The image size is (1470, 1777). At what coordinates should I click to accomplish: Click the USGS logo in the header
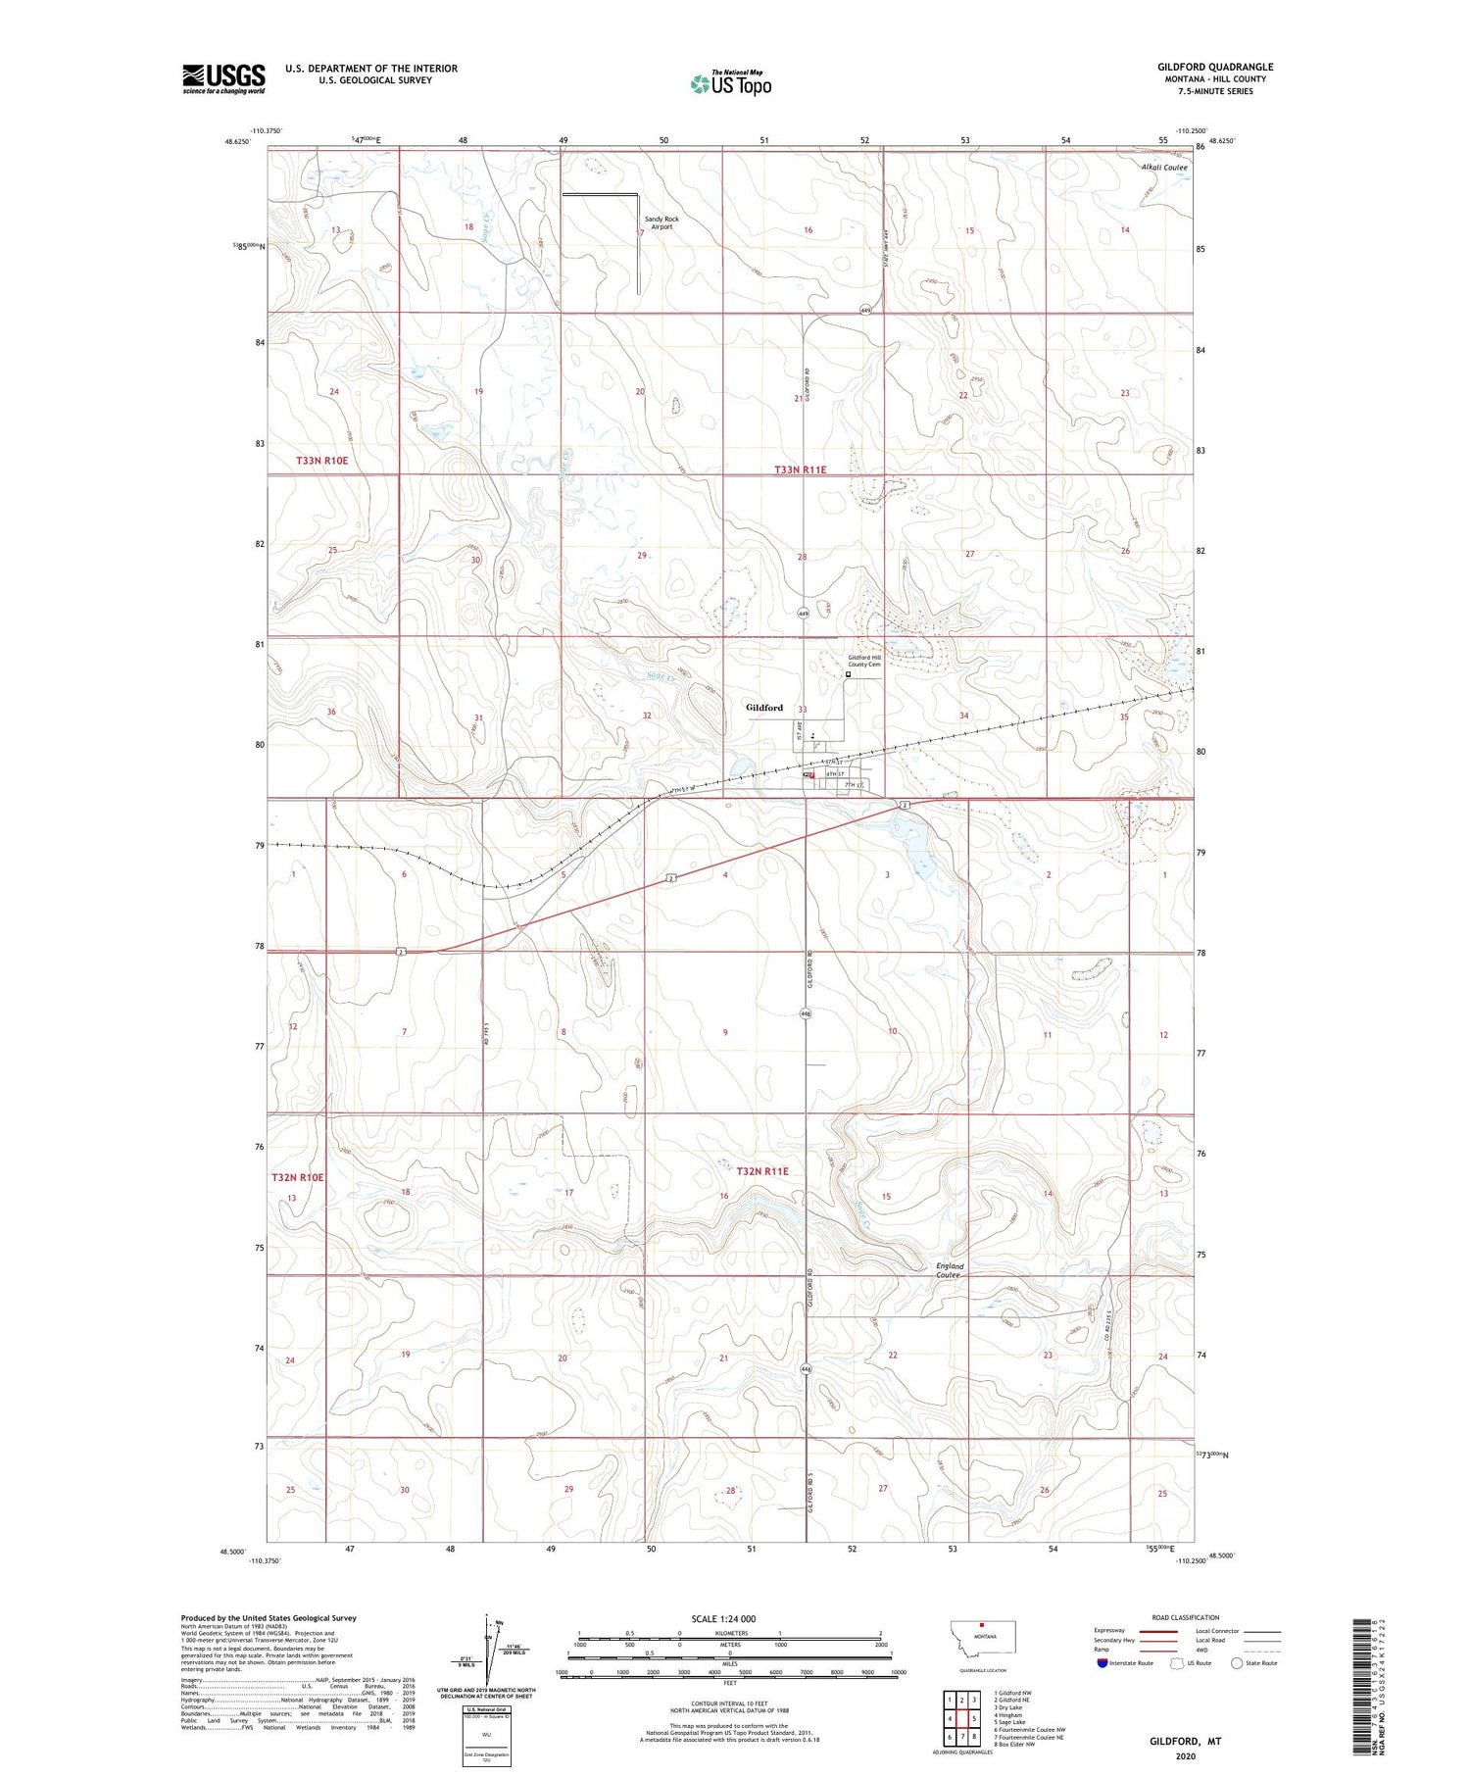[x=223, y=78]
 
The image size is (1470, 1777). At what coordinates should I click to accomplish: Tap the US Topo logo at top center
[x=731, y=83]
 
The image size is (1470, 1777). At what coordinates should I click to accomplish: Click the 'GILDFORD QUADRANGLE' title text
[x=1215, y=67]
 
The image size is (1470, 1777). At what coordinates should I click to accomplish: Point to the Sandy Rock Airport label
[x=661, y=222]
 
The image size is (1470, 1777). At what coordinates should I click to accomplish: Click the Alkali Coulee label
[x=1164, y=168]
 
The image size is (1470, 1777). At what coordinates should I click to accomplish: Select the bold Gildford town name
[x=763, y=707]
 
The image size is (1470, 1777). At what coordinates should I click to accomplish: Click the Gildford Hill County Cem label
[x=864, y=661]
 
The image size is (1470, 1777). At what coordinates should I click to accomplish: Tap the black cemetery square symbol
[x=848, y=674]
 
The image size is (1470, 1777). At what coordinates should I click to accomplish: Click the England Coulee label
[x=949, y=1270]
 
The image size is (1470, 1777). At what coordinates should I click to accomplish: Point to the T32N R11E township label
[x=762, y=1170]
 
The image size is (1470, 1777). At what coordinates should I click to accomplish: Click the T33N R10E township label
[x=322, y=460]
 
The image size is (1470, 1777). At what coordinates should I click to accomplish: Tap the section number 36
[x=331, y=712]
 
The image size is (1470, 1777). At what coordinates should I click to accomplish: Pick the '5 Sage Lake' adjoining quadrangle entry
[x=1011, y=1721]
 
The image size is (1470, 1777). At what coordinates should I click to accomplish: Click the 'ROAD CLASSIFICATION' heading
[x=1185, y=1617]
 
